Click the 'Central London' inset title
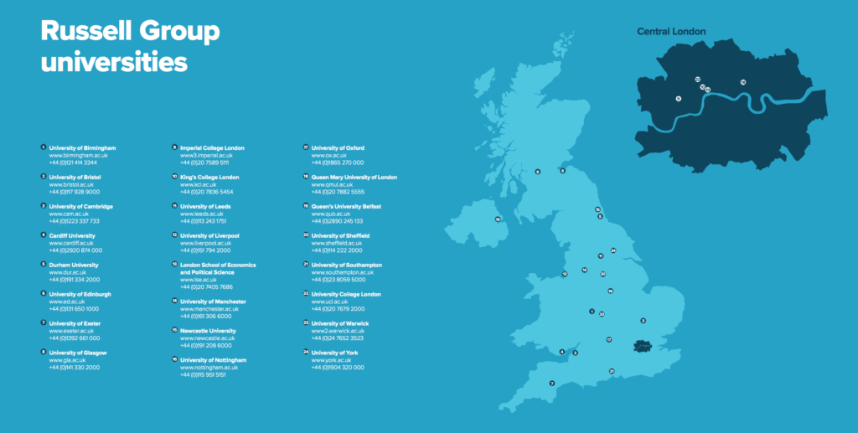[x=671, y=32]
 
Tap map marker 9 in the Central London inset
[x=678, y=98]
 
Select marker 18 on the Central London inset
[x=742, y=82]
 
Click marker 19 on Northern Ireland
[x=498, y=219]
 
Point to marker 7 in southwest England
[x=551, y=384]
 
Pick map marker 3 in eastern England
[x=643, y=321]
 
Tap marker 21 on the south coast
[x=612, y=371]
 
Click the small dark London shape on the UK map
[x=643, y=345]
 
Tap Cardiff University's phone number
[x=75, y=250]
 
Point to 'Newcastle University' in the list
[x=208, y=331]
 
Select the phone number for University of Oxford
[x=337, y=162]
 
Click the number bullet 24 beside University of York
[x=306, y=353]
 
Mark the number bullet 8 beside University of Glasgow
[x=43, y=353]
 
